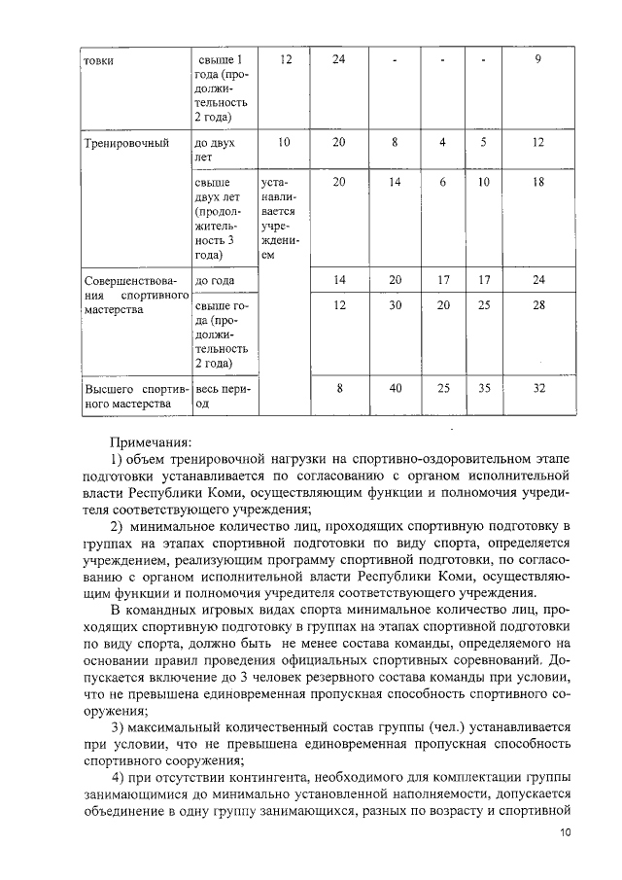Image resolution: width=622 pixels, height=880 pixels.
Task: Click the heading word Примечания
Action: point(151,441)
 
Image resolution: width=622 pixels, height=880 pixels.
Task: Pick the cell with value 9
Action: point(537,60)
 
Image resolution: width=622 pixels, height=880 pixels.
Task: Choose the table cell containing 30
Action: point(396,304)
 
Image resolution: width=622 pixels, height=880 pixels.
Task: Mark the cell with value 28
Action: point(537,304)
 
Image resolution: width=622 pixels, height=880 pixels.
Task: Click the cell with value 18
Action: point(537,182)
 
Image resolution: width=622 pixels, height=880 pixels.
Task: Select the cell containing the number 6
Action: point(442,182)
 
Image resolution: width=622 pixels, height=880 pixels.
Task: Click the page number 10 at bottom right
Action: point(566,834)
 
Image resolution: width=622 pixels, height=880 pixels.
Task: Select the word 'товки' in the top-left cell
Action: point(98,60)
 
